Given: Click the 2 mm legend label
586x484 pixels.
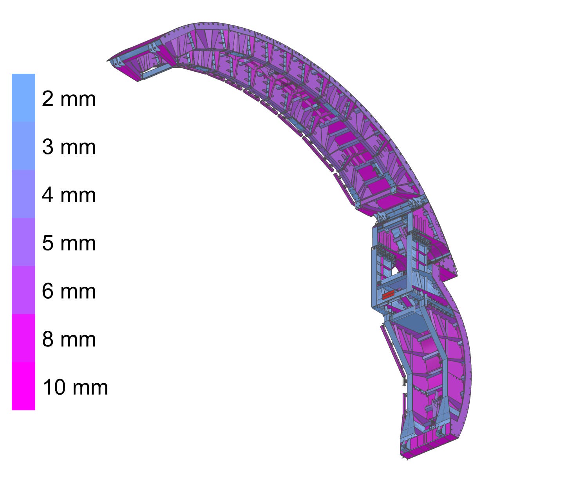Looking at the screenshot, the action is point(69,99).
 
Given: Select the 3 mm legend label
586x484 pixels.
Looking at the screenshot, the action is point(69,147).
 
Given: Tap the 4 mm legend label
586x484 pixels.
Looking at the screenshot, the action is point(69,195).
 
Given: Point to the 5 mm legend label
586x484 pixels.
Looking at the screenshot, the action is point(69,243).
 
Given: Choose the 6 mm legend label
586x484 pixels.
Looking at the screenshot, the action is point(69,291).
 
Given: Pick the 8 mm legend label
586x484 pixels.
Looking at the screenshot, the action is point(69,339).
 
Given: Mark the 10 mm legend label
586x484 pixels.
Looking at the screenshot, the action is point(75,387).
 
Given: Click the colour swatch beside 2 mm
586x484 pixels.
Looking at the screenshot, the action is point(23,98).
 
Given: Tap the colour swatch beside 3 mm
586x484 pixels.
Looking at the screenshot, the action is point(23,146).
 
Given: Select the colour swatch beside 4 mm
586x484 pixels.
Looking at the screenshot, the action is point(23,194).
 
